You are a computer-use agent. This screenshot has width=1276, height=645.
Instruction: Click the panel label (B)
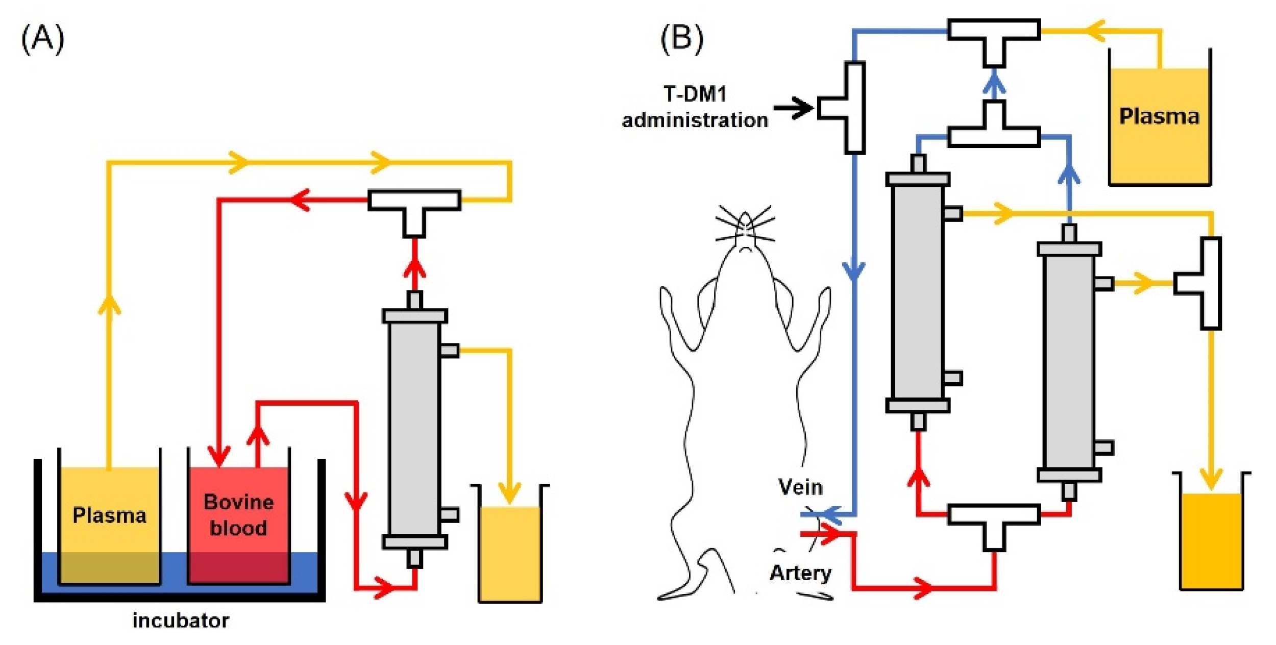[681, 39]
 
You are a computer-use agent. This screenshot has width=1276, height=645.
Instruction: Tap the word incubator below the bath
[181, 620]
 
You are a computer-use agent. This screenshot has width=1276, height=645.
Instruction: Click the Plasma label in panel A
[109, 515]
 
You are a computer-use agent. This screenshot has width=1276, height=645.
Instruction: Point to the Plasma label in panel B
[1159, 116]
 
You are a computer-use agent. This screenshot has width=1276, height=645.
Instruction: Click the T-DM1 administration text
[695, 107]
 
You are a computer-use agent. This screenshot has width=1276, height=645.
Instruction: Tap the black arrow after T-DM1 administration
[794, 108]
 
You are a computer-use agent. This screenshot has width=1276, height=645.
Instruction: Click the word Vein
[800, 487]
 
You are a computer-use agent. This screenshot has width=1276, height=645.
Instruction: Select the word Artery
[800, 573]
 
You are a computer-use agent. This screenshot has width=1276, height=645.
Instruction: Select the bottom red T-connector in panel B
[993, 520]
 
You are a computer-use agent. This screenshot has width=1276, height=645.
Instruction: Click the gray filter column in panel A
[414, 429]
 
